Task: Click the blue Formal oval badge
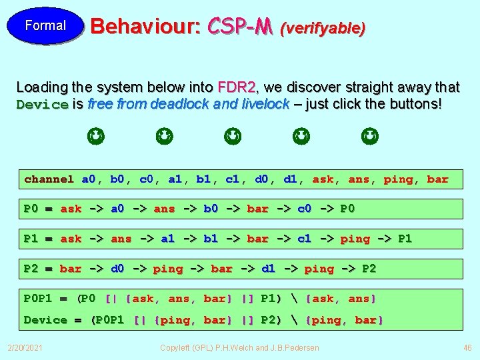click(x=45, y=26)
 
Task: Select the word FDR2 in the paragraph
click(x=237, y=87)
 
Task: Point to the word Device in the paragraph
click(x=42, y=105)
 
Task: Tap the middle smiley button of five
click(x=233, y=137)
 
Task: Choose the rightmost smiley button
click(x=370, y=137)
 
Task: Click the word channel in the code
click(x=49, y=179)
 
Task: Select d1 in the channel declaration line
click(x=291, y=179)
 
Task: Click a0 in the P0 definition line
click(x=117, y=209)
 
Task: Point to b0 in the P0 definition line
click(x=211, y=209)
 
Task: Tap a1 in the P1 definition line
click(x=167, y=239)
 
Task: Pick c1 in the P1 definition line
click(x=304, y=239)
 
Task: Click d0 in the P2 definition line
click(x=117, y=269)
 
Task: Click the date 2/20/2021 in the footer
click(x=25, y=348)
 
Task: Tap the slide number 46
click(x=467, y=348)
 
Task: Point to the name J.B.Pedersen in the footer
click(x=294, y=348)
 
